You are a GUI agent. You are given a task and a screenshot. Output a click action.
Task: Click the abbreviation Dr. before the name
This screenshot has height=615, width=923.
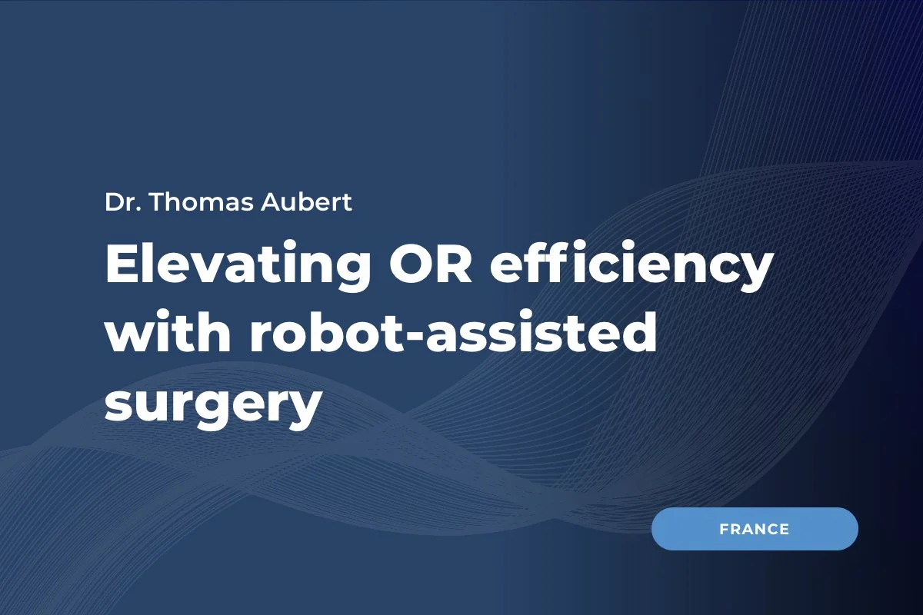(x=119, y=202)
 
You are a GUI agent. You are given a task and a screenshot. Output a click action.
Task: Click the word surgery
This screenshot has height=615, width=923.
(x=212, y=405)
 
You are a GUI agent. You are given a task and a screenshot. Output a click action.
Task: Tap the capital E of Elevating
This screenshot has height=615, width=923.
(x=122, y=265)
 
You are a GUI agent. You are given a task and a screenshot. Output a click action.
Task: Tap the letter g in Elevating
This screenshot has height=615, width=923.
(x=354, y=273)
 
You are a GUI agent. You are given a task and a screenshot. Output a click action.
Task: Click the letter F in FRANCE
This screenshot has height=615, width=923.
(x=725, y=529)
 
